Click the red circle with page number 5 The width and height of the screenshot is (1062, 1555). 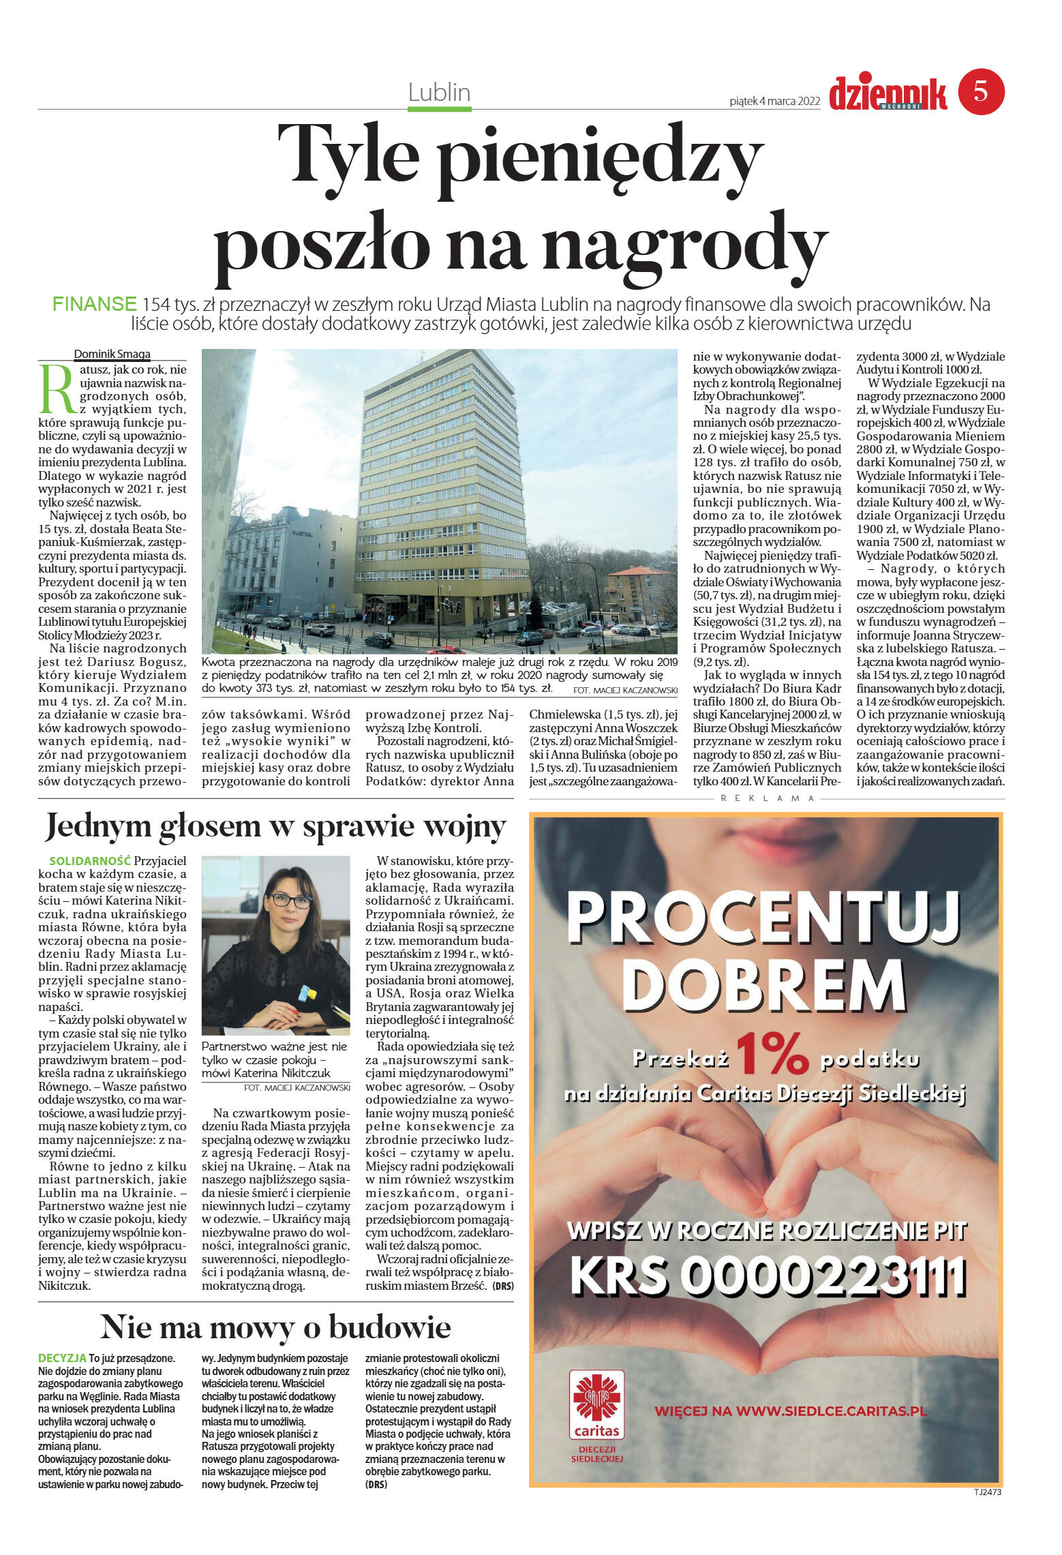(981, 92)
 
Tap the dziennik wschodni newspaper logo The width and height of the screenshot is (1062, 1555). (887, 94)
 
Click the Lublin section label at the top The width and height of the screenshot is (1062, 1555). (439, 92)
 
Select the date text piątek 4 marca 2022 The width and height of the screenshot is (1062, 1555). (774, 101)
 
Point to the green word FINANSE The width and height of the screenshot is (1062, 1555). (95, 304)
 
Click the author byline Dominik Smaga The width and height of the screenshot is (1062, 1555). (112, 354)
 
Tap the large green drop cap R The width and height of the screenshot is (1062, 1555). (57, 390)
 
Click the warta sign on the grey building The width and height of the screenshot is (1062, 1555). (302, 533)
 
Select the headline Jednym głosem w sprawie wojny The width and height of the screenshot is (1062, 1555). (275, 826)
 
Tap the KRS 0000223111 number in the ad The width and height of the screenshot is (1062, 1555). (768, 1276)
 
